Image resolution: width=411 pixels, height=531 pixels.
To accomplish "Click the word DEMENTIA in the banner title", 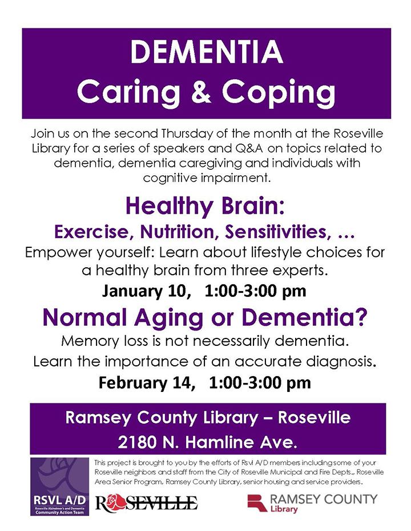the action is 206,52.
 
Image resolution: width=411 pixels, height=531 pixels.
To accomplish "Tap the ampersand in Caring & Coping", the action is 200,91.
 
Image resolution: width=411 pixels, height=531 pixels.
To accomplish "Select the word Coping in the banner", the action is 279,93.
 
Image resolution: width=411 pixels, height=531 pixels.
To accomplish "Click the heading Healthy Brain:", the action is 205,206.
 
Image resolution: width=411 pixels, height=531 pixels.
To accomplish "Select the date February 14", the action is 147,383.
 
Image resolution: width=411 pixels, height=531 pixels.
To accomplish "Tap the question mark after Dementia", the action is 361,317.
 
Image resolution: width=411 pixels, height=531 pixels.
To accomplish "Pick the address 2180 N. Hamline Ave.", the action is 207,442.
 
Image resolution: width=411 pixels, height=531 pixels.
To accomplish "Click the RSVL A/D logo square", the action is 59,487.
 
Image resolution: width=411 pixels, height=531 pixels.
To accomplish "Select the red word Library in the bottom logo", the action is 284,509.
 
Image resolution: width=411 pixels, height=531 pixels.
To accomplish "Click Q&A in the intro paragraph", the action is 249,148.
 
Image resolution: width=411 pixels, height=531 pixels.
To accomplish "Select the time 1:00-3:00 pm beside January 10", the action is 255,291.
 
